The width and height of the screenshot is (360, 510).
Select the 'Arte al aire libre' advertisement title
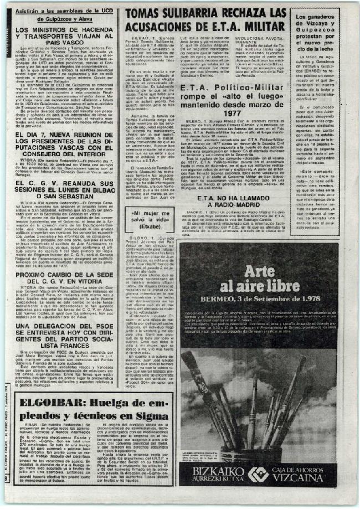coord(259,280)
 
